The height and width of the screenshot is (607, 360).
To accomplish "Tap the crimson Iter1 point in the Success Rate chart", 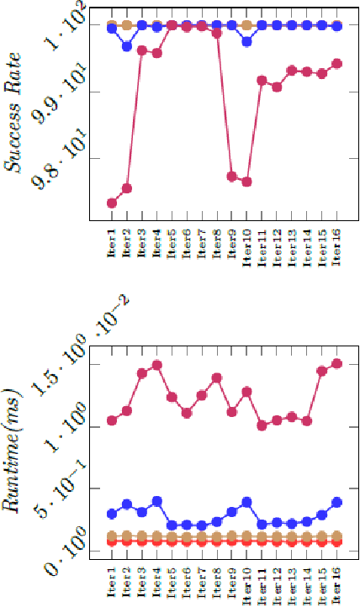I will point(111,203).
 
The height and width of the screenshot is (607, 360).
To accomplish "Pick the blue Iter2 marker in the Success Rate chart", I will point(127,46).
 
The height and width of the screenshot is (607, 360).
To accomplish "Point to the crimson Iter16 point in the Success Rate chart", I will point(337,64).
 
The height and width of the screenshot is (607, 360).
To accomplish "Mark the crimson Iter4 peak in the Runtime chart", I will point(156,366).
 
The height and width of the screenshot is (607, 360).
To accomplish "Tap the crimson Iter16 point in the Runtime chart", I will point(337,364).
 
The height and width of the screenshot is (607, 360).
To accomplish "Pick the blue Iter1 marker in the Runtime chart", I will point(111,513).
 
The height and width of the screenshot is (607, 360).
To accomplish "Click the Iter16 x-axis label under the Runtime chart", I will point(337,582).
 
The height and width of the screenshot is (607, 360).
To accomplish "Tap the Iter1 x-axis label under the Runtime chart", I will point(111,582).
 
